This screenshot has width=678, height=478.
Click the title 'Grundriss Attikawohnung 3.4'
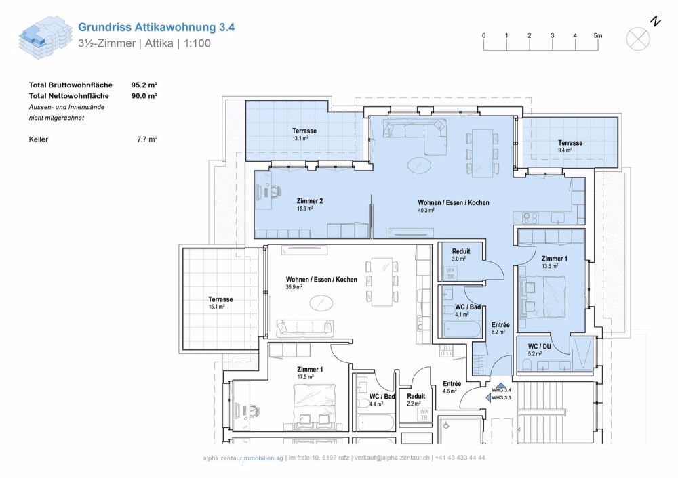tap(157, 28)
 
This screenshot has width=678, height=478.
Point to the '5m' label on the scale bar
tap(597, 35)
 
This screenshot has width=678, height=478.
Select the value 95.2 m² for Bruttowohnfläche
tap(144, 85)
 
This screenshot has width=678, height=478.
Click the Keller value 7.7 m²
tap(147, 139)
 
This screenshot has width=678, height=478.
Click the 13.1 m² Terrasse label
tap(304, 134)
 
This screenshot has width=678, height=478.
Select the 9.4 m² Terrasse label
tap(570, 146)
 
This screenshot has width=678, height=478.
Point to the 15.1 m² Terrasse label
tap(220, 303)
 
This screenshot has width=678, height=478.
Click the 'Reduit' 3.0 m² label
tap(460, 255)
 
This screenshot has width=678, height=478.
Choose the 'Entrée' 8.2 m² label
tap(500, 328)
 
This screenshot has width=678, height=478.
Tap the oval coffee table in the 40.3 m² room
tap(418, 165)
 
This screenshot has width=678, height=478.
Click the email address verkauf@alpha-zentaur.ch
tap(388, 458)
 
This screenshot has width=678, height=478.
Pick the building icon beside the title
tap(43, 38)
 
